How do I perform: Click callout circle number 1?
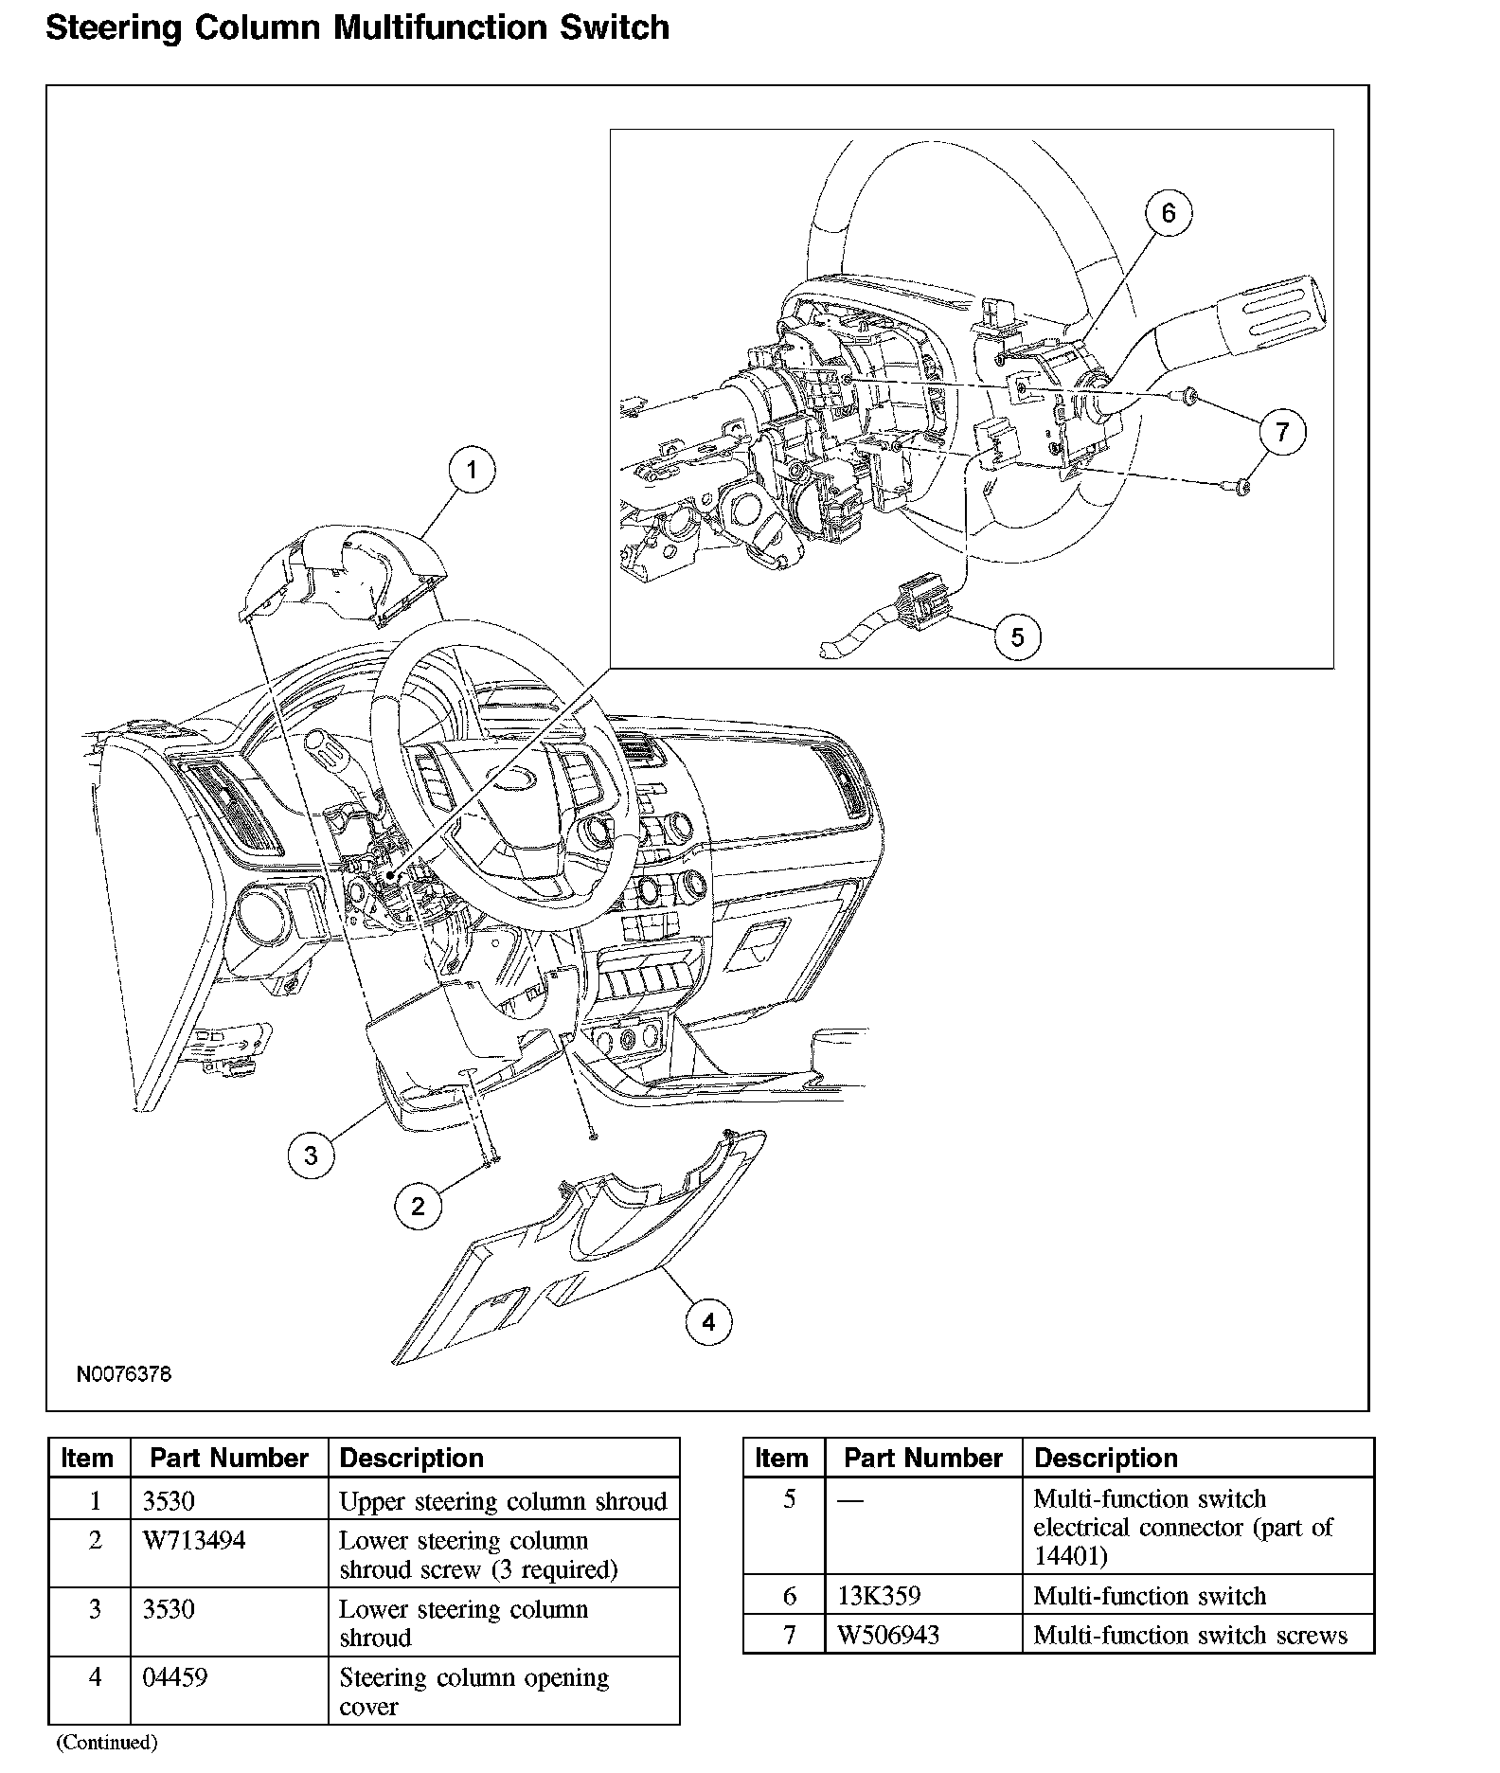[x=472, y=470]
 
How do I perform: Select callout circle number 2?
[x=419, y=1205]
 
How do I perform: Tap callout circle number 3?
[x=311, y=1155]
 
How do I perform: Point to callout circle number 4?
[x=709, y=1321]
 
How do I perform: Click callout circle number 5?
[x=1017, y=636]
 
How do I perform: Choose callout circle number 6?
[x=1168, y=213]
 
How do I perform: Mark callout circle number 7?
[x=1282, y=433]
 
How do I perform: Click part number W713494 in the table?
[x=194, y=1541]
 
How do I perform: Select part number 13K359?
[x=879, y=1596]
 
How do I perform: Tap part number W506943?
[x=888, y=1636]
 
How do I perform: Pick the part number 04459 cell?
[x=174, y=1677]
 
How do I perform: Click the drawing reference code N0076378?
[x=124, y=1374]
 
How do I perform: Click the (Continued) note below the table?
[x=106, y=1742]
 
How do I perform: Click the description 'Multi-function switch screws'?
[x=1190, y=1636]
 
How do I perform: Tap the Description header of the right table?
[x=1105, y=1459]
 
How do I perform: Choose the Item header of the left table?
[x=87, y=1459]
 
